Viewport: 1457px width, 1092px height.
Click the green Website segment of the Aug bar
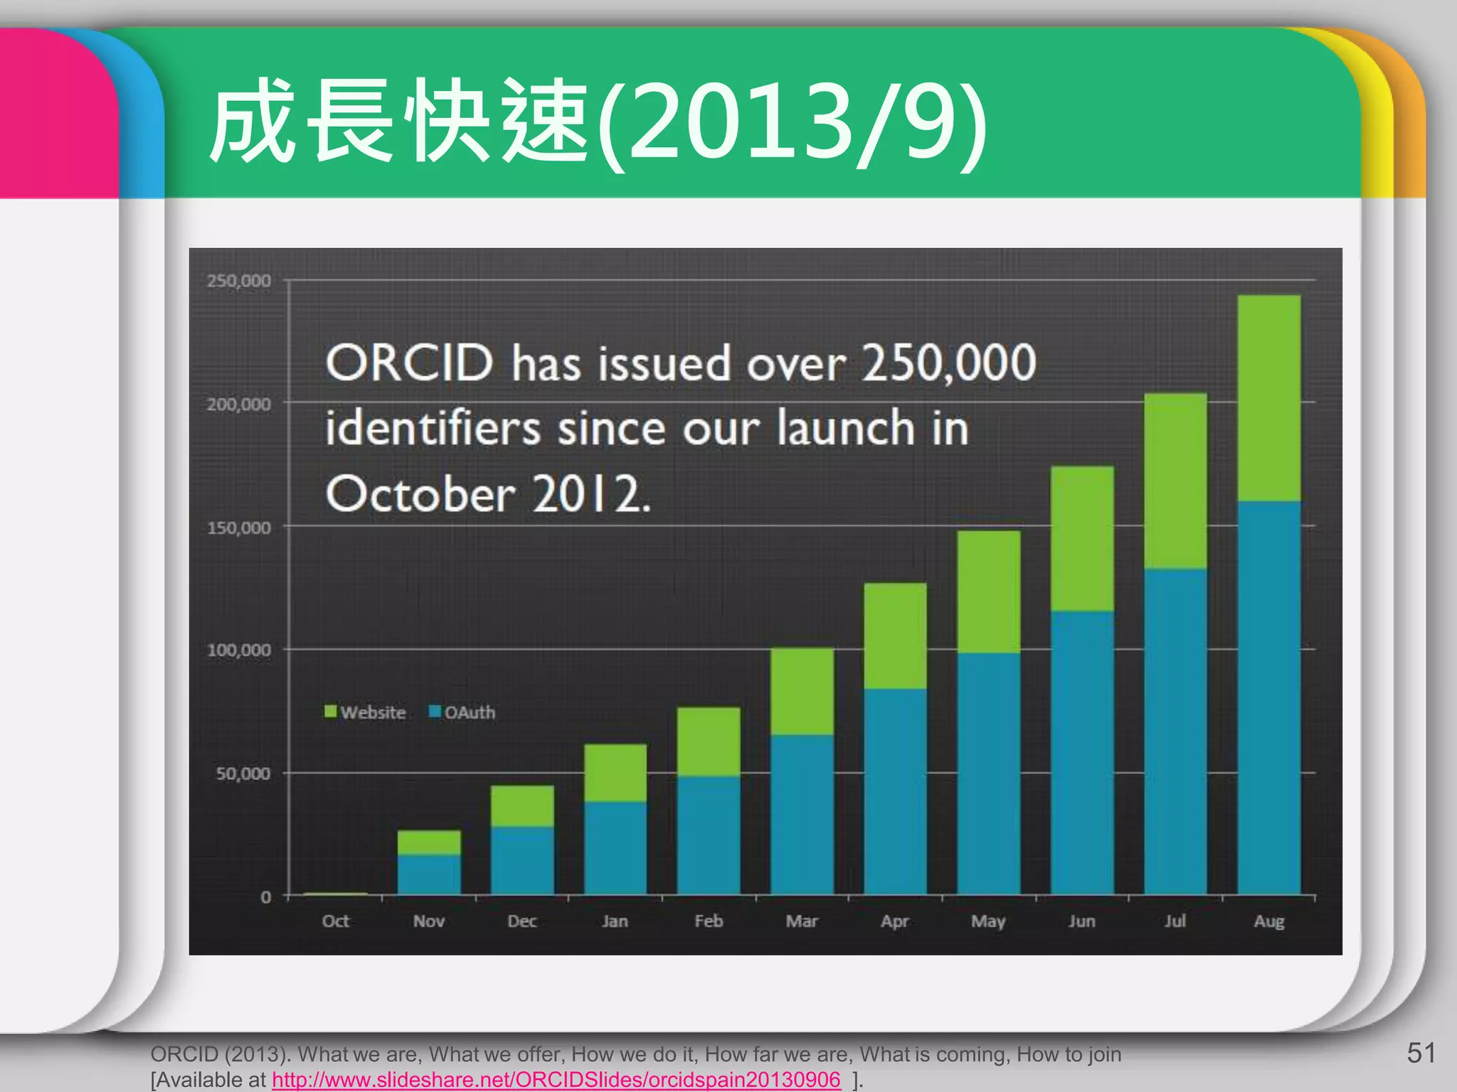[x=1268, y=398]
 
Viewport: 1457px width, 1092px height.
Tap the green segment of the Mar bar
[x=802, y=691]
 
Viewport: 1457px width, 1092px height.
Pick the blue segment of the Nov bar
[x=428, y=874]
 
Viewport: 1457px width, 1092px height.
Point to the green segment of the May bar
[x=988, y=591]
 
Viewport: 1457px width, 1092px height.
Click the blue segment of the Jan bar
[x=615, y=847]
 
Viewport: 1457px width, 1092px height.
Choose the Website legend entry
[x=365, y=712]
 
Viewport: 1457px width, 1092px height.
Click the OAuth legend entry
[x=462, y=712]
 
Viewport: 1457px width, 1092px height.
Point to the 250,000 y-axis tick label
[x=239, y=281]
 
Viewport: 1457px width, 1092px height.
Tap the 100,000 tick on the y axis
[x=239, y=650]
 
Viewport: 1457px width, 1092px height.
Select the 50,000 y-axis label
[x=243, y=773]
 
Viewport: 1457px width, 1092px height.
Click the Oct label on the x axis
[x=335, y=921]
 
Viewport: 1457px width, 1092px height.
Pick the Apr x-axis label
[x=895, y=921]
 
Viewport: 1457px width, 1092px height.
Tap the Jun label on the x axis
[x=1081, y=921]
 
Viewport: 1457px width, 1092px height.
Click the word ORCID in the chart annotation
[x=409, y=363]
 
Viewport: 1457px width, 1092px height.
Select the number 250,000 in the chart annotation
[x=949, y=363]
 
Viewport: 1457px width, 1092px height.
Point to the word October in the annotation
[x=420, y=494]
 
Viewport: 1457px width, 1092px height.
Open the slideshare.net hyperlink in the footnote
[x=556, y=1079]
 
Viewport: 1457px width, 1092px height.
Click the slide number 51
[x=1421, y=1053]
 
